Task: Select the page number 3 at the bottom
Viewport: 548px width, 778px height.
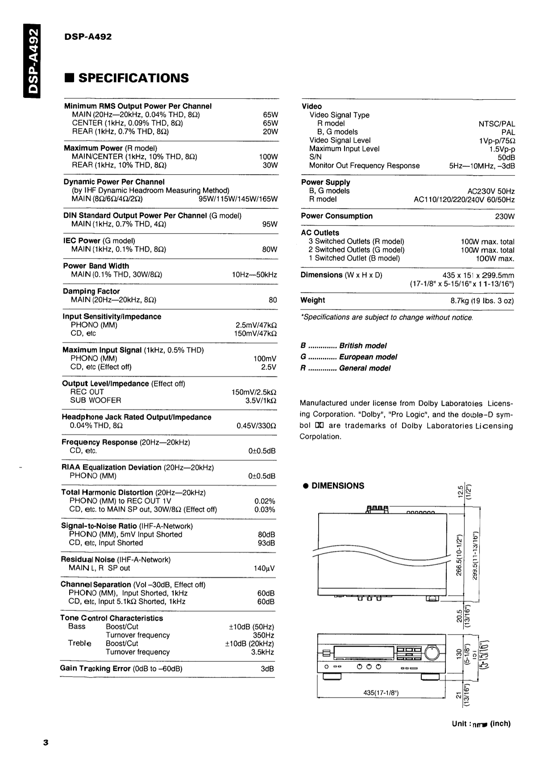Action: (46, 743)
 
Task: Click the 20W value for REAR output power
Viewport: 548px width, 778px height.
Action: (270, 131)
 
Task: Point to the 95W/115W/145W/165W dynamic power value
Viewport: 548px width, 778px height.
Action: (238, 199)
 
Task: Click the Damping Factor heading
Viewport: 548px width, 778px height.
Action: (91, 291)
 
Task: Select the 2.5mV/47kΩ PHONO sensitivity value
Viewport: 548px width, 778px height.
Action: (256, 325)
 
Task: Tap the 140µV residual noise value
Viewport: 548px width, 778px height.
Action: (264, 568)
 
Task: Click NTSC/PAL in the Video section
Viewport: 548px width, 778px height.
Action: (497, 124)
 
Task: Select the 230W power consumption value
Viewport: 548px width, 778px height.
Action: (505, 216)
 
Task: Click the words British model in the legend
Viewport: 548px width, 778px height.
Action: (362, 346)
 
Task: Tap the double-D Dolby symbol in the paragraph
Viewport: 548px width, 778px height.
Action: (320, 426)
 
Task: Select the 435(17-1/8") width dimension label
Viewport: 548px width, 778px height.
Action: (381, 693)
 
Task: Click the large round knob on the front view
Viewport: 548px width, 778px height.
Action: (432, 653)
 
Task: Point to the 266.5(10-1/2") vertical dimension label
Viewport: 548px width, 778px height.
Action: (459, 555)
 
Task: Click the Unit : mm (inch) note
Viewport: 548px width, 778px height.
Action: (481, 724)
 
